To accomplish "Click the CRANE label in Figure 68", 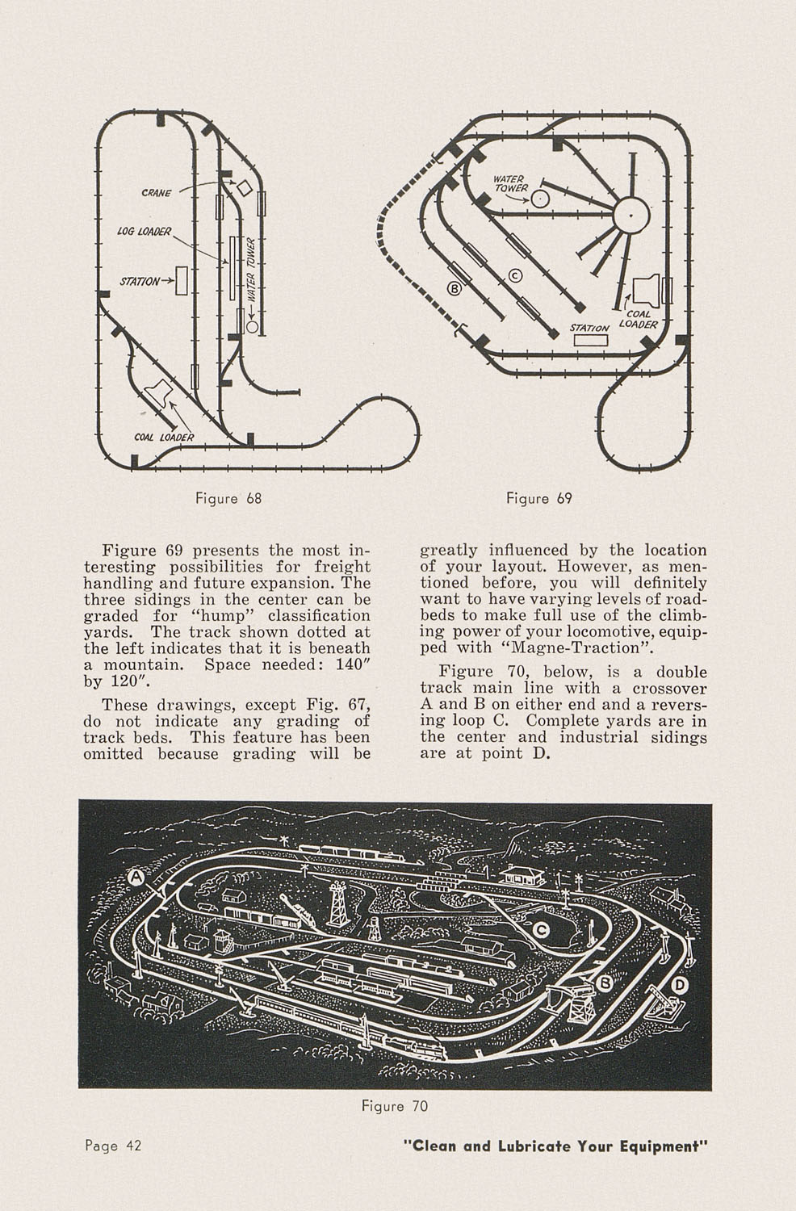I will (x=155, y=193).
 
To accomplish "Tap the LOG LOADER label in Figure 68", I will (x=145, y=232).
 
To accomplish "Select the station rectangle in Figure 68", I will (x=182, y=279).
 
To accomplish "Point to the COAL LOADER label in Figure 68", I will (x=164, y=437).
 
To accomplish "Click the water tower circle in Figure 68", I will (x=253, y=327).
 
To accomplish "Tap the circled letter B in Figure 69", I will (x=454, y=287).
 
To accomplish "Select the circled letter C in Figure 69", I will (x=514, y=276).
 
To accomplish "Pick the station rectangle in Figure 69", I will (x=590, y=340).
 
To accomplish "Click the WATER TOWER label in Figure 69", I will (x=509, y=184).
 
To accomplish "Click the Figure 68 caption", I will (x=228, y=498).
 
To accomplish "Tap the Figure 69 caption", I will (x=538, y=498).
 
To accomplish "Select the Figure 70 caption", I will (x=395, y=1105).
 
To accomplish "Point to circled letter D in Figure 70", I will (x=680, y=984).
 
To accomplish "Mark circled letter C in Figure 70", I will (x=543, y=930).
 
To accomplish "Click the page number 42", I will (x=132, y=1146).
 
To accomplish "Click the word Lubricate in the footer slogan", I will (x=534, y=1146).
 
